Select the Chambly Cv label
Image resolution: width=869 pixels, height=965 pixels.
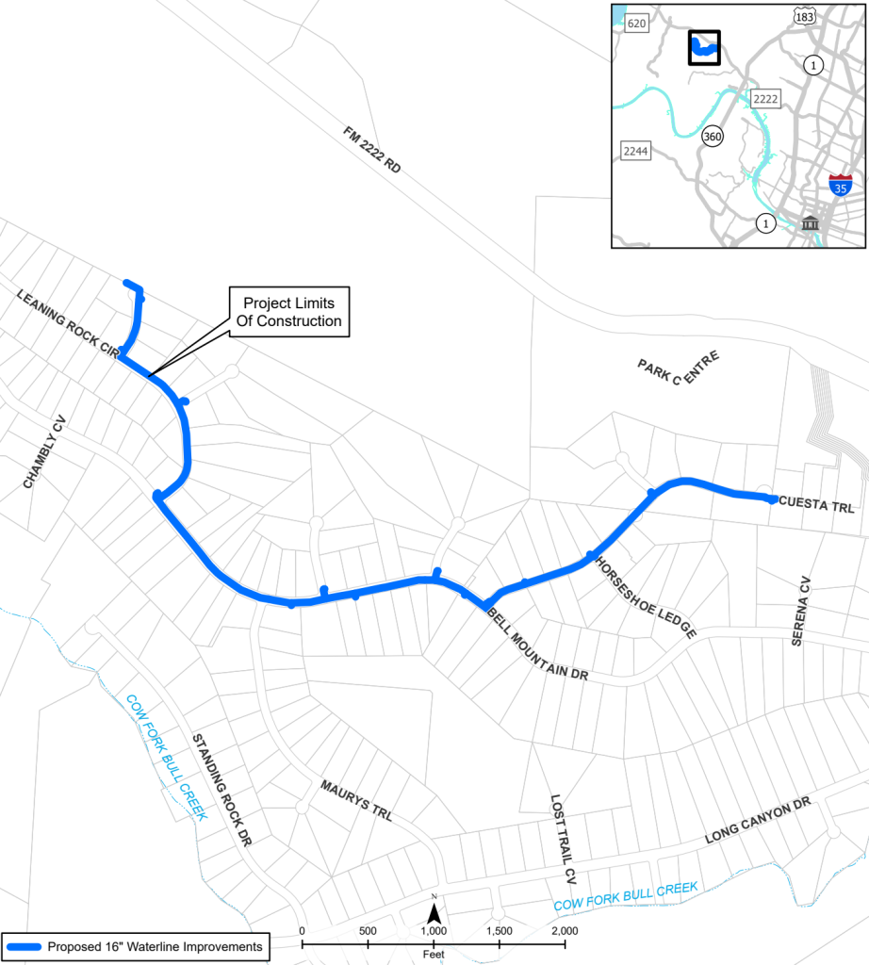[45, 451]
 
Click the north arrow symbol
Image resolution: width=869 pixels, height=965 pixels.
[434, 911]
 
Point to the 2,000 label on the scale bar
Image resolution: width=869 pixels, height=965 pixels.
[564, 931]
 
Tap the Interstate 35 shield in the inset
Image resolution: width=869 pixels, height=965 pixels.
[841, 184]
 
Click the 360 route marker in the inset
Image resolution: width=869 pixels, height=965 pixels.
[713, 137]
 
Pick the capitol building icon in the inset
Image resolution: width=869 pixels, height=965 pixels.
[810, 223]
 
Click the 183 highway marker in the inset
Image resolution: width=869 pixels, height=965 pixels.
[804, 17]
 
